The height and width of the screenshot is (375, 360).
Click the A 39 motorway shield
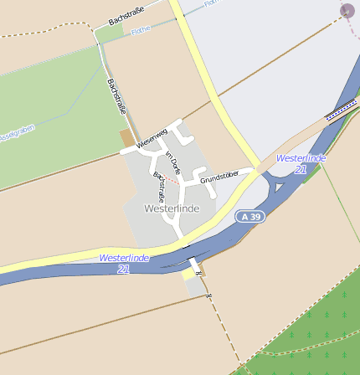pyautogui.click(x=249, y=216)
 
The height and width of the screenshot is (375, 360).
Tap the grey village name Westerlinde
pyautogui.click(x=172, y=208)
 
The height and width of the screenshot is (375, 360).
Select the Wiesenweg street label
pyautogui.click(x=152, y=137)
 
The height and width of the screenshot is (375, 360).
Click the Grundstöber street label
pyautogui.click(x=219, y=176)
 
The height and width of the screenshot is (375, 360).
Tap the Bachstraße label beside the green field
pyautogui.click(x=116, y=96)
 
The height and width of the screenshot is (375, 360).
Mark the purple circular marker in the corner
pyautogui.click(x=347, y=11)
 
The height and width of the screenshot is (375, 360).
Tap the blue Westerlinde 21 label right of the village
pyautogui.click(x=301, y=163)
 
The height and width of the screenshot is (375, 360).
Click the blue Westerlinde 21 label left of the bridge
pyautogui.click(x=124, y=264)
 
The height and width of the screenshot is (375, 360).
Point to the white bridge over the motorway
pyautogui.click(x=193, y=265)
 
